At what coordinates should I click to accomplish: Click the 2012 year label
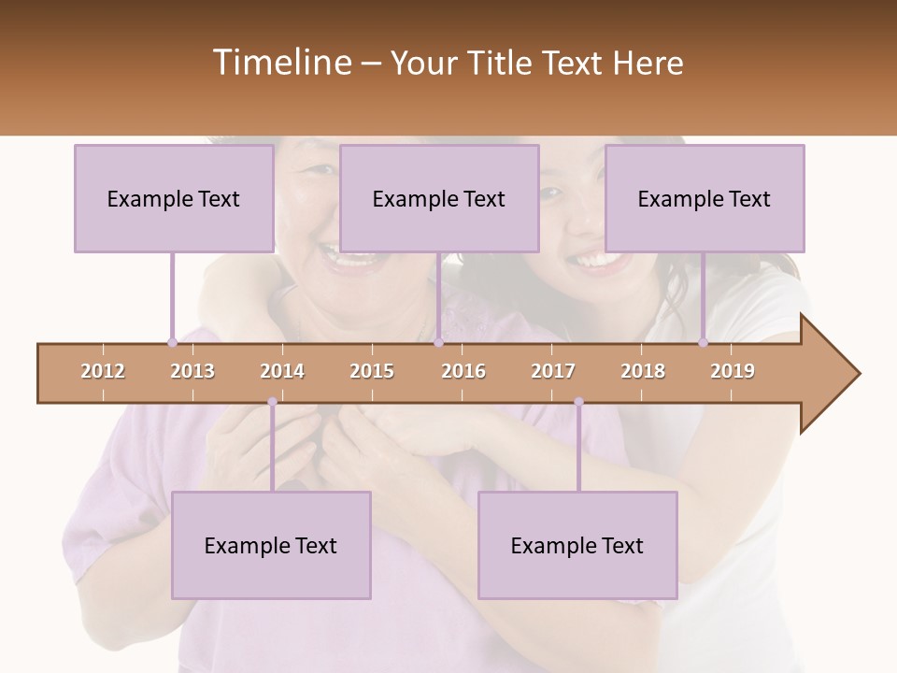pos(103,371)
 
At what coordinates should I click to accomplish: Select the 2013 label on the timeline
pos(192,371)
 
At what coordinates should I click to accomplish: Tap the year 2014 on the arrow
pos(282,371)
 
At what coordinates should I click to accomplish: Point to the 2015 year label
pos(372,371)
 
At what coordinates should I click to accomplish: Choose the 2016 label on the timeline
pos(463,371)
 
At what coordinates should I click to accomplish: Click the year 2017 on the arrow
pos(553,371)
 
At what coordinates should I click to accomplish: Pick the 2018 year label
pos(643,371)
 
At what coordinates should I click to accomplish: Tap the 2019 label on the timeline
pos(733,371)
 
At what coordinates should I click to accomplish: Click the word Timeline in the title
pos(280,63)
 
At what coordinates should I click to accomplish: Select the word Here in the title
pos(648,63)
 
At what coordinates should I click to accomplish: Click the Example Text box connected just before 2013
pos(174,198)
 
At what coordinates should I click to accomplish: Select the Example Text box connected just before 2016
pos(439,198)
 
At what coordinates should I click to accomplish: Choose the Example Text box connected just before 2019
pos(705,198)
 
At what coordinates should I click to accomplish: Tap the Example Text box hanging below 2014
pos(271,545)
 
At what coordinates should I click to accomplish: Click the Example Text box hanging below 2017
pos(577,545)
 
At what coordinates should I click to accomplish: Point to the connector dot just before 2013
pos(172,342)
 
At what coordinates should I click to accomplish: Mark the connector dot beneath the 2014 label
pos(272,402)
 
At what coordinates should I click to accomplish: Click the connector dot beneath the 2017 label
pos(578,402)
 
